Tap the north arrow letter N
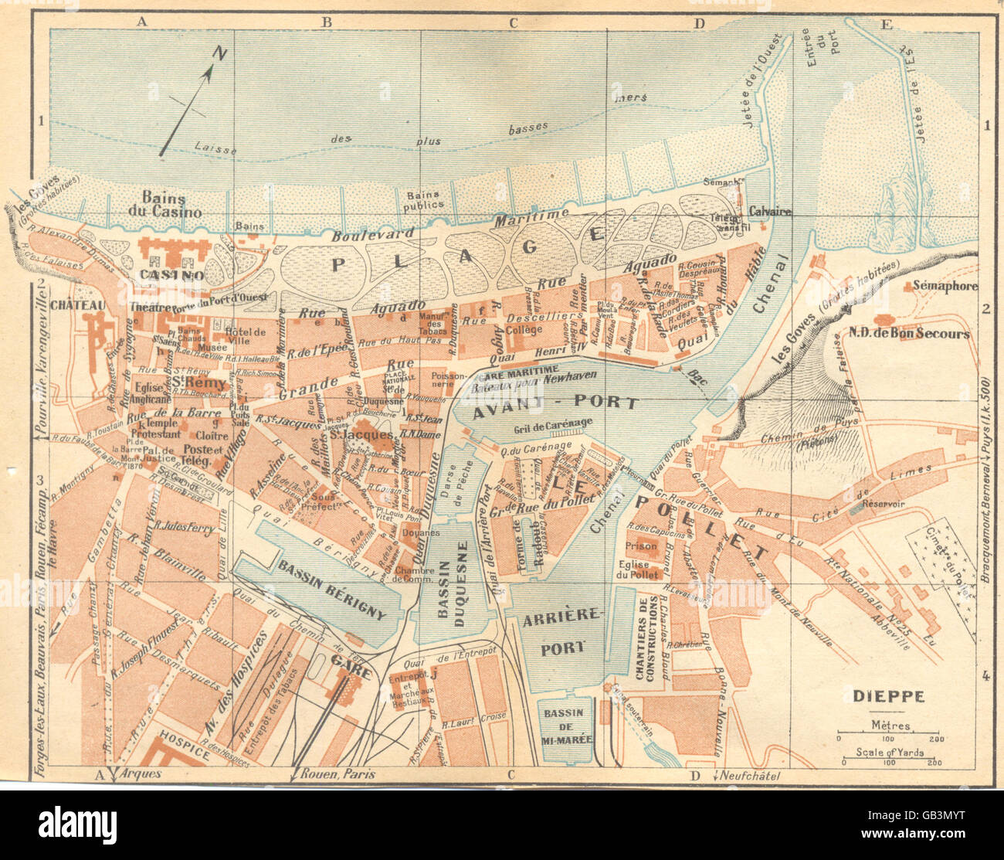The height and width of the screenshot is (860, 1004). click(x=221, y=53)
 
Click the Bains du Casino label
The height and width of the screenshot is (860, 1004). click(x=171, y=204)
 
